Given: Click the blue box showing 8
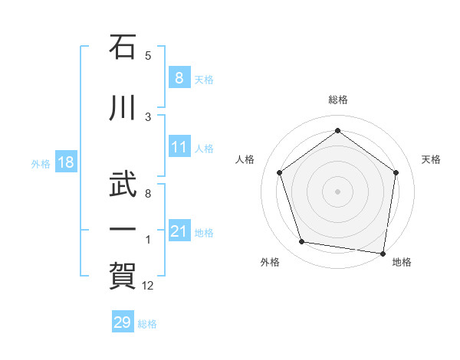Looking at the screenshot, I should (179, 78).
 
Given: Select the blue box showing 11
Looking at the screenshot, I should (179, 148).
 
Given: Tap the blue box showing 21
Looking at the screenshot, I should (179, 231).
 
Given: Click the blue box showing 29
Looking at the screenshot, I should (122, 322).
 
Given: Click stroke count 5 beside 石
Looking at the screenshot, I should (148, 56).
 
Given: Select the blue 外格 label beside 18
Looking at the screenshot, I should (40, 163).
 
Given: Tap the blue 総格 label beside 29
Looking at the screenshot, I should (147, 324).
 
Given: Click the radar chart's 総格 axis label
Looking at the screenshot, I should (337, 100).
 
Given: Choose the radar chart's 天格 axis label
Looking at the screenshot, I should (431, 159).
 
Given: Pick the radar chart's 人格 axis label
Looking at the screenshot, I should (245, 159).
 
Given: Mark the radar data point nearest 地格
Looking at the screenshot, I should (383, 253).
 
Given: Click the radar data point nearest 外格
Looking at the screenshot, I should (302, 242).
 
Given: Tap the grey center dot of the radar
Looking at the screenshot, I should (337, 191).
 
